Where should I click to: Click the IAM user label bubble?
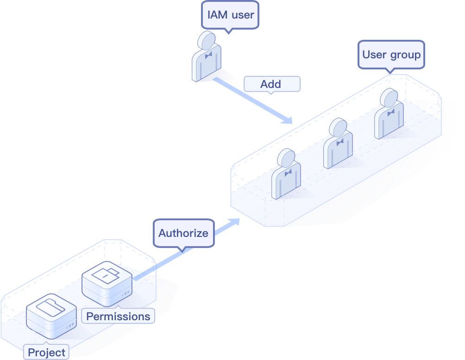(230, 15)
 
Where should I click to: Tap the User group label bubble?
(391, 55)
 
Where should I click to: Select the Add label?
(271, 84)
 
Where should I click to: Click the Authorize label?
(183, 233)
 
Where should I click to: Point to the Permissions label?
(118, 317)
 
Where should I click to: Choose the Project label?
(46, 352)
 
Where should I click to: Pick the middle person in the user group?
(338, 144)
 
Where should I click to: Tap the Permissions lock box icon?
(107, 283)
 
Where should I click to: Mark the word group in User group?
(405, 55)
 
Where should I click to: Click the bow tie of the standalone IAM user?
(208, 55)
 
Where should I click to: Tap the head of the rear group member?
(389, 98)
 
